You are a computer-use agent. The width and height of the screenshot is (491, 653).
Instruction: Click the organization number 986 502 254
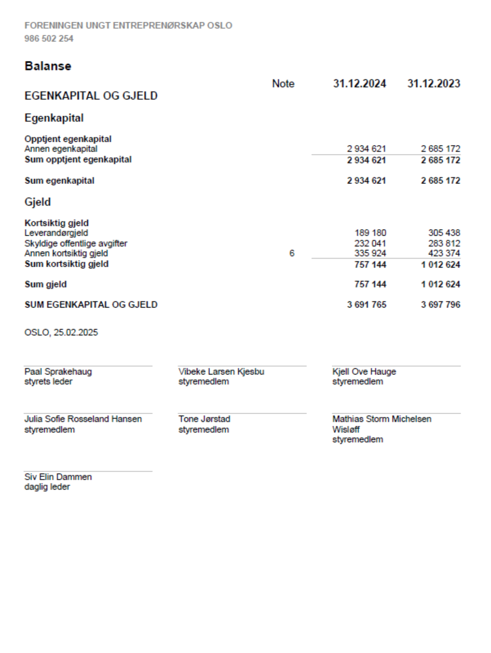click(49, 38)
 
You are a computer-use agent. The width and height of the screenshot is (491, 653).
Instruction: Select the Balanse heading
click(48, 66)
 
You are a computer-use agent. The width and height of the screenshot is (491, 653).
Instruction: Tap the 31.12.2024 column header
click(359, 84)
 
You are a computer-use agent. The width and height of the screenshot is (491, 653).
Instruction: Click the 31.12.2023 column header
click(434, 84)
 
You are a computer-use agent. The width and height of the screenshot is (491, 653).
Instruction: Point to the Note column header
click(283, 84)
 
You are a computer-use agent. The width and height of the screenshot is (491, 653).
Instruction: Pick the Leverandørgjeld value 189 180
click(370, 233)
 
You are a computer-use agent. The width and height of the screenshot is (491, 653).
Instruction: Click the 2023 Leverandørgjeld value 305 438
click(444, 233)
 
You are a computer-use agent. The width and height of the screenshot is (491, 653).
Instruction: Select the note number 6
click(292, 253)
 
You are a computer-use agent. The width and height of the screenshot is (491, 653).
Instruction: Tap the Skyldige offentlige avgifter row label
click(76, 243)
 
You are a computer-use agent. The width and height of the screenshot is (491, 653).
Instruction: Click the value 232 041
click(370, 243)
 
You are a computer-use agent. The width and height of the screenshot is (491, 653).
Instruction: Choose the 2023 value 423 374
click(444, 253)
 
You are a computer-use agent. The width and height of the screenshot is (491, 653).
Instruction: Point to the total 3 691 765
click(367, 305)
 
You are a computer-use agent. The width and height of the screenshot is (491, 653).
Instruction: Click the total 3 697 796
click(440, 305)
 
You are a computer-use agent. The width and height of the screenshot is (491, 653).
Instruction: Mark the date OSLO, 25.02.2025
click(61, 332)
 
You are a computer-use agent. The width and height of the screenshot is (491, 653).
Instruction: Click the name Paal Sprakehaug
click(58, 372)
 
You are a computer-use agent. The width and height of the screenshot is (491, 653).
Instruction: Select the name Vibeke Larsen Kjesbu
click(221, 372)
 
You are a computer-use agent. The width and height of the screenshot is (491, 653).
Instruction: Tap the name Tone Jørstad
click(204, 419)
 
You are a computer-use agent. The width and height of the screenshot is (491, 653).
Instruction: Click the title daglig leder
click(47, 487)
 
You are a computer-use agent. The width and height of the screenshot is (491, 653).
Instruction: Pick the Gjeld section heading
click(38, 202)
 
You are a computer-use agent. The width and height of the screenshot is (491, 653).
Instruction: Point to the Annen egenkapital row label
click(61, 149)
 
